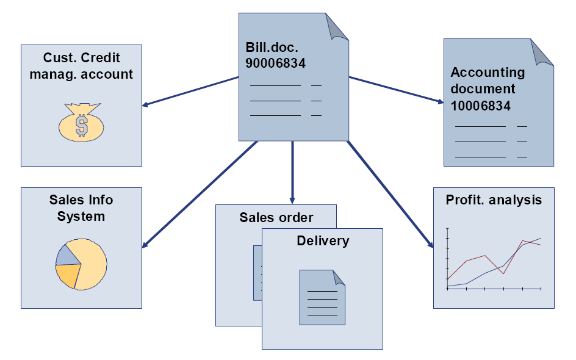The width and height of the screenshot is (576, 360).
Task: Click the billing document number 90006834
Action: pyautogui.click(x=275, y=62)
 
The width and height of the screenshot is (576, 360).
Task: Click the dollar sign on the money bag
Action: pyautogui.click(x=81, y=125)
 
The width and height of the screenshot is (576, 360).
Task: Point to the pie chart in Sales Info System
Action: pyautogui.click(x=81, y=264)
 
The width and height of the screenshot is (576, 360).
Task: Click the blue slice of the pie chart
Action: pyautogui.click(x=65, y=255)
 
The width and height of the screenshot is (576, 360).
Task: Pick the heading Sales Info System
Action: pyautogui.click(x=81, y=207)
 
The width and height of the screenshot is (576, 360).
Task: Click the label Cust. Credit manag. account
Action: pyautogui.click(x=81, y=66)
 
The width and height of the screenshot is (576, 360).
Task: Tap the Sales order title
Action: pyautogui.click(x=276, y=218)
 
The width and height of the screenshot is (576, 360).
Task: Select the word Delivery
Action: pyautogui.click(x=323, y=240)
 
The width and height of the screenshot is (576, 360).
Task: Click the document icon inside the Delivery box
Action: pyautogui.click(x=322, y=297)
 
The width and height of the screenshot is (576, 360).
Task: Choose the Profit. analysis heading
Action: pyautogui.click(x=494, y=200)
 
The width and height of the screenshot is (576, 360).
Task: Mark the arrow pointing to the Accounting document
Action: pyautogui.click(x=397, y=90)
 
